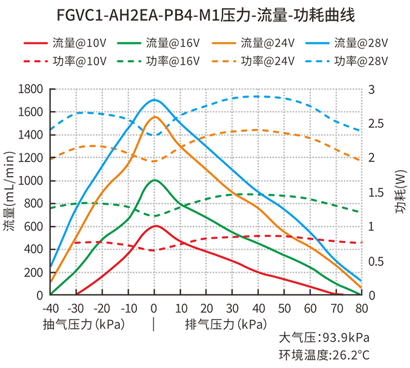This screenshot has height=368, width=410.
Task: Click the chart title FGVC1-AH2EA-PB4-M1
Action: click(204, 14)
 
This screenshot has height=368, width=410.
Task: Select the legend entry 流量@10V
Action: click(65, 43)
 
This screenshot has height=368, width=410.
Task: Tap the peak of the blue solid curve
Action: click(155, 99)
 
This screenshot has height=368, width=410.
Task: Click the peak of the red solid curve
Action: click(155, 226)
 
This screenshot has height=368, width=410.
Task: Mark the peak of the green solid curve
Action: click(155, 180)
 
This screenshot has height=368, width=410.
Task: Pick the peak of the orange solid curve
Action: click(155, 117)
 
